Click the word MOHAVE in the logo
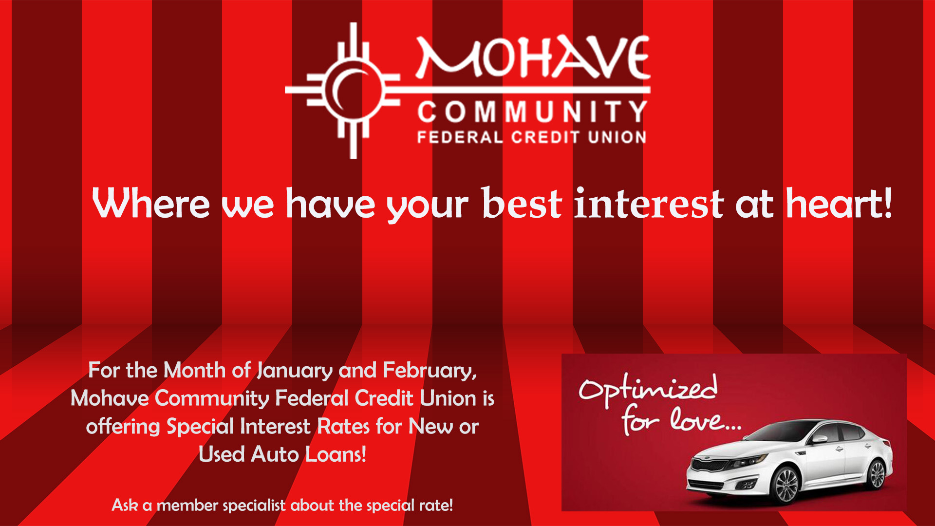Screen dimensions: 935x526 (x=533, y=57)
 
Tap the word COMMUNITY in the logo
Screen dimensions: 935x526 (x=532, y=112)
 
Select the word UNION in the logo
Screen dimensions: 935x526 (x=617, y=137)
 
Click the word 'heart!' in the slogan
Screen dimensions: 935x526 (x=839, y=204)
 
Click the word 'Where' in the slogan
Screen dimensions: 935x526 (x=151, y=204)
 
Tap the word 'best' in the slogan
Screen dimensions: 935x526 (x=522, y=204)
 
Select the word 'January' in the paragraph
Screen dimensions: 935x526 (x=295, y=371)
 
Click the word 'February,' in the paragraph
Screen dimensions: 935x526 (x=430, y=371)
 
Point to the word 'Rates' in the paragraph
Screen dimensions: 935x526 (x=344, y=427)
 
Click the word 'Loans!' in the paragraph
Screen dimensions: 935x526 (x=336, y=454)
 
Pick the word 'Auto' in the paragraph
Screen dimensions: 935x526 (x=275, y=454)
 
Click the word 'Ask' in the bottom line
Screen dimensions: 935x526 (x=125, y=505)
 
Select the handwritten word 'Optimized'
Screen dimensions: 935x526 (x=648, y=390)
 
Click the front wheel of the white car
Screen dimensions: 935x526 (x=785, y=484)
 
